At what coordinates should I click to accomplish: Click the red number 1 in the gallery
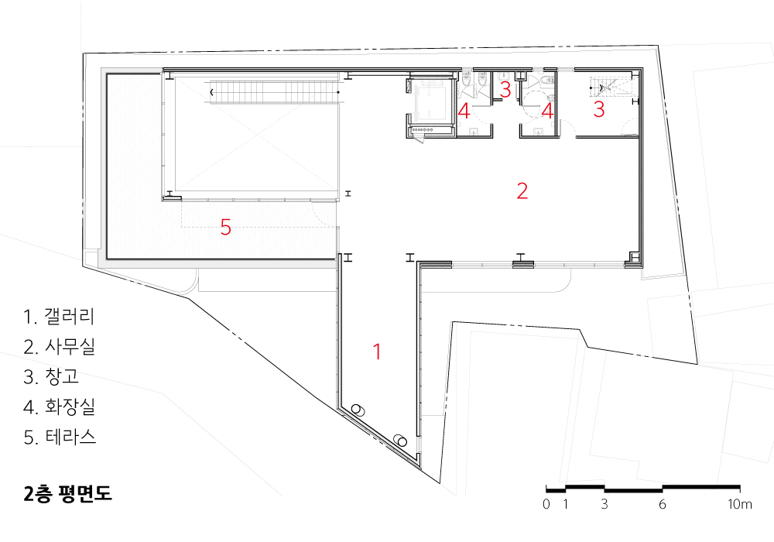point(377,352)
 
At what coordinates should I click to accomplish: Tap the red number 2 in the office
point(522,190)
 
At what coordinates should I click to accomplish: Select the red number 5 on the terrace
point(225,227)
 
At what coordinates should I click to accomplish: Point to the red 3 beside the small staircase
point(599,109)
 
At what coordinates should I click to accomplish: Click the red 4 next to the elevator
point(464,111)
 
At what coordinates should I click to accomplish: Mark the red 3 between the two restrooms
point(505,90)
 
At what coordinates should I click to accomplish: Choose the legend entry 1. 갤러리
point(59,317)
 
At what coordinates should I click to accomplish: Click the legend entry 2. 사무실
point(59,347)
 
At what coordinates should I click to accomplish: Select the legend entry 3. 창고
point(51,376)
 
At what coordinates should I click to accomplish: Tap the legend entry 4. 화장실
point(59,406)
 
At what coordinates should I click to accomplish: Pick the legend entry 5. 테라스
point(60,437)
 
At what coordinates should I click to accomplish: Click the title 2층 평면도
point(67,493)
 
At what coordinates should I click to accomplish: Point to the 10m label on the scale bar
point(739,504)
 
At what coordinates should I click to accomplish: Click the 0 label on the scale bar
point(546,504)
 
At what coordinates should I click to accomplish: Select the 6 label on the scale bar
point(662,504)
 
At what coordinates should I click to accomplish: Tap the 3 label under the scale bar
point(604,504)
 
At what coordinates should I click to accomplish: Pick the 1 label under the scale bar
point(565,504)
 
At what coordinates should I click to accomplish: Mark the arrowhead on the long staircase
point(212,92)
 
